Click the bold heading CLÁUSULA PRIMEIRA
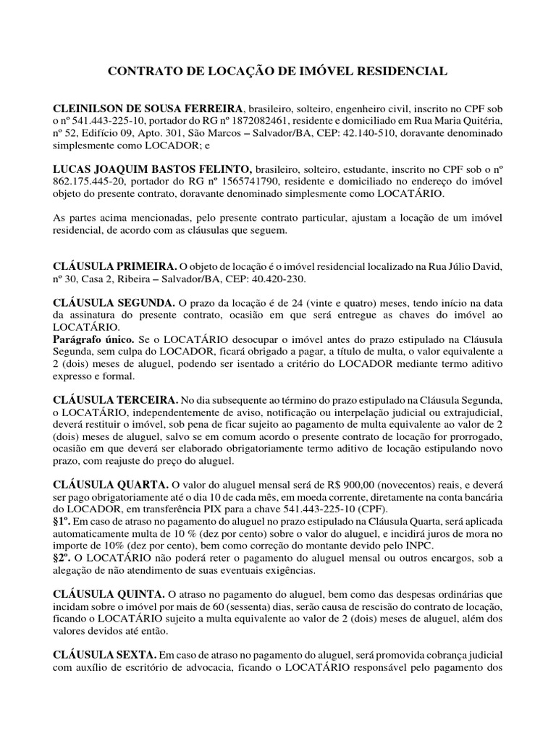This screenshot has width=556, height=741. [114, 268]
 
